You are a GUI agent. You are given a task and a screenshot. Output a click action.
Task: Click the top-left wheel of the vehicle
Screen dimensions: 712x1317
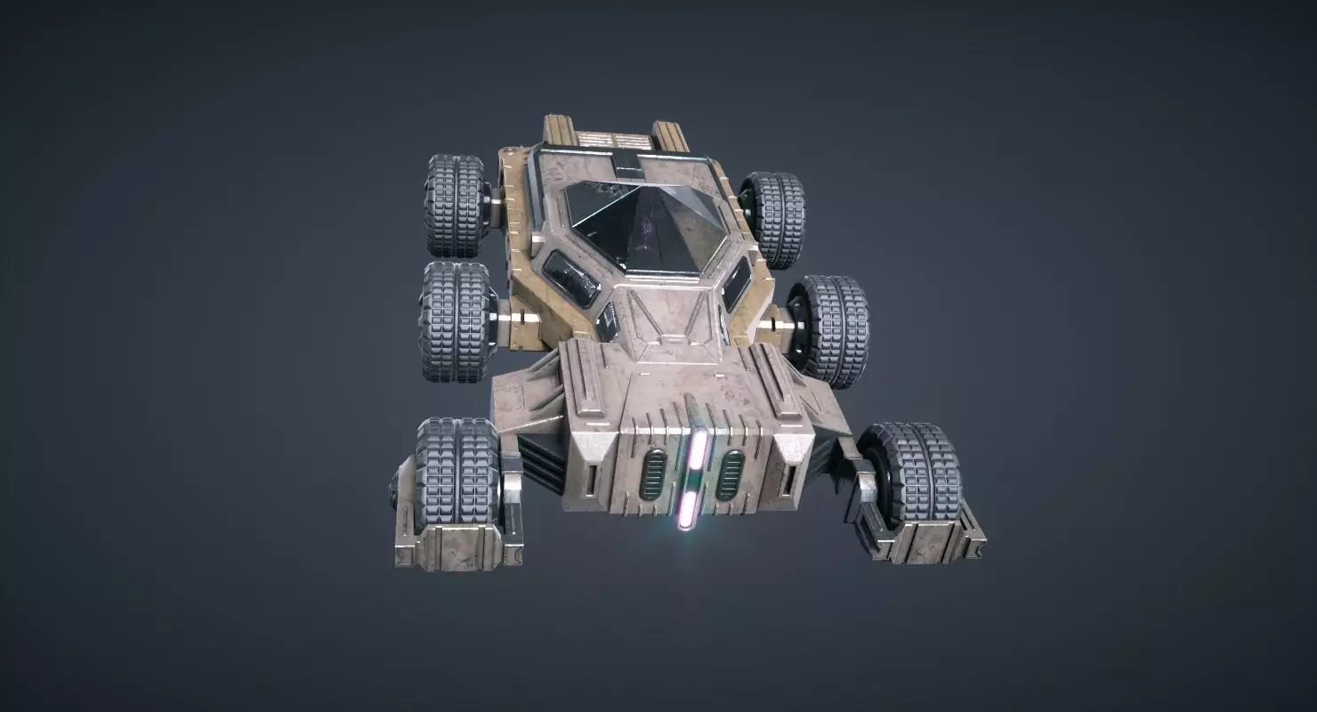click(454, 205)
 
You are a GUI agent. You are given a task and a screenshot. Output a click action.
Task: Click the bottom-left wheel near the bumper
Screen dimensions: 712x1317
click(457, 470)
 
